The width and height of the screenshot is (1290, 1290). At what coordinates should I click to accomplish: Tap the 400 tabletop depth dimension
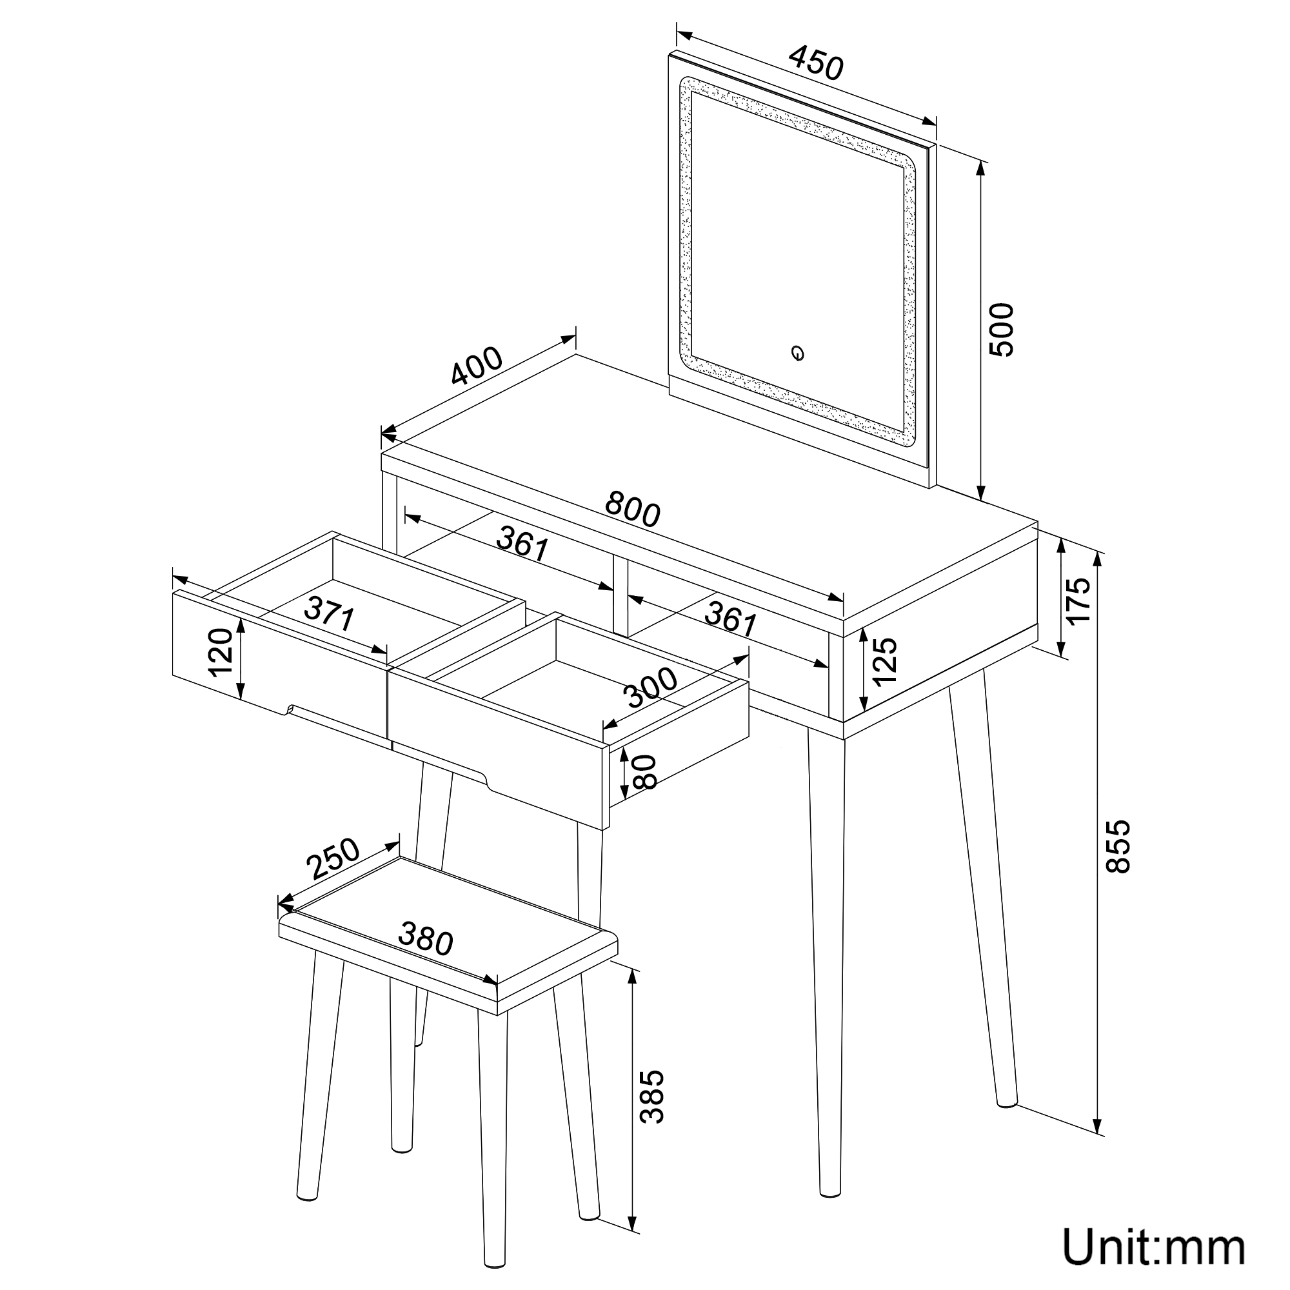coord(476,366)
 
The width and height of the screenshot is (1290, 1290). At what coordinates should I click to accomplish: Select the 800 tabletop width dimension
coord(632,509)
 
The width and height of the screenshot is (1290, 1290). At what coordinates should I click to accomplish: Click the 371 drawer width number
coord(329,613)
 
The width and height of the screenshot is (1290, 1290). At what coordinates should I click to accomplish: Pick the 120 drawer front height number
coord(221,652)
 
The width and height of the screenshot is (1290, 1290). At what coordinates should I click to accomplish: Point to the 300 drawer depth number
coord(650,688)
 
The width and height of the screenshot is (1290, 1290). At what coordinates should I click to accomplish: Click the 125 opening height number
coord(884,662)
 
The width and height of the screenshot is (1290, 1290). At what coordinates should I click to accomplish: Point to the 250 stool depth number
coord(333,858)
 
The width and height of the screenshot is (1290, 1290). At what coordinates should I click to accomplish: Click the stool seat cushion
coord(448,934)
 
